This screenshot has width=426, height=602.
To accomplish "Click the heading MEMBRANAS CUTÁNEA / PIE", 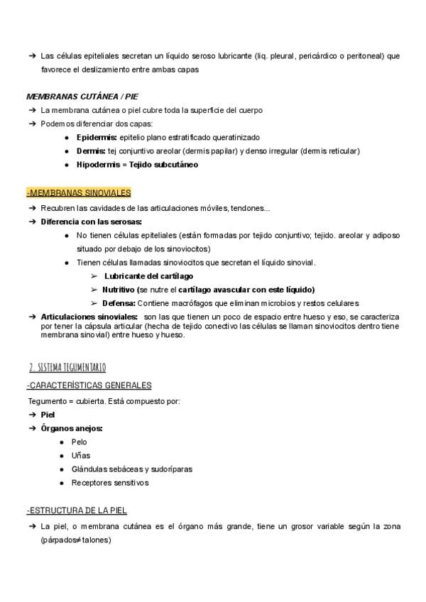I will pyautogui.click(x=82, y=96).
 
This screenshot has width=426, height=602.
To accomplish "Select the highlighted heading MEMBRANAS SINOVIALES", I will pyautogui.click(x=78, y=193).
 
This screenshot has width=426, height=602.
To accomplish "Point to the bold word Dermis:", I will pyautogui.click(x=92, y=151).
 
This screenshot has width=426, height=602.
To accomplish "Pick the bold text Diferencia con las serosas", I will pyautogui.click(x=92, y=221).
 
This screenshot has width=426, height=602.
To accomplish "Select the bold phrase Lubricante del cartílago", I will pyautogui.click(x=148, y=275).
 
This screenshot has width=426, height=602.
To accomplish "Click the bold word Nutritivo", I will pyautogui.click(x=119, y=290).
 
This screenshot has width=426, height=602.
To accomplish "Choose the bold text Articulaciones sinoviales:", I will pyautogui.click(x=89, y=317).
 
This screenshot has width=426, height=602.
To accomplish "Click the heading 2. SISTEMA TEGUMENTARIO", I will pyautogui.click(x=67, y=368).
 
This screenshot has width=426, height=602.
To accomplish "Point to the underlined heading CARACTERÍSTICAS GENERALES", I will pyautogui.click(x=90, y=385).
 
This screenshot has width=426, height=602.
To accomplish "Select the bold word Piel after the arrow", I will pyautogui.click(x=48, y=415).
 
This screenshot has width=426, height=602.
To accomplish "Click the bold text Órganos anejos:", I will pyautogui.click(x=72, y=428).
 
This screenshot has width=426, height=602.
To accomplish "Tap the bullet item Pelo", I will pyautogui.click(x=79, y=442).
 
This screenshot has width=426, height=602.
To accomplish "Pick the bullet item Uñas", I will pyautogui.click(x=80, y=456).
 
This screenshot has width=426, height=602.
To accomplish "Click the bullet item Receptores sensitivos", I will pyautogui.click(x=110, y=483).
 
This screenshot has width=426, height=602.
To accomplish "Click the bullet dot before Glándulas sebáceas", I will pyautogui.click(x=62, y=470).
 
